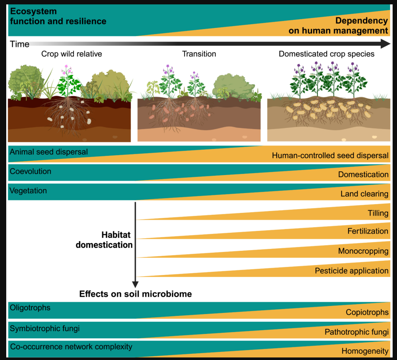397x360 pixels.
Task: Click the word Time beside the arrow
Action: pyautogui.click(x=19, y=44)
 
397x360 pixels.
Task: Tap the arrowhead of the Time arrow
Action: pyautogui.click(x=385, y=43)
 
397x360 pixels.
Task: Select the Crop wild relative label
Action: pyautogui.click(x=72, y=54)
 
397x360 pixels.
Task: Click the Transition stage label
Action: pyautogui.click(x=199, y=54)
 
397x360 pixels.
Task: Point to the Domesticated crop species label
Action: pyautogui.click(x=326, y=54)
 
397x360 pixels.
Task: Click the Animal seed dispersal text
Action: pyautogui.click(x=49, y=152)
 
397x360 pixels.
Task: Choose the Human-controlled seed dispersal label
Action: pyautogui.click(x=330, y=155)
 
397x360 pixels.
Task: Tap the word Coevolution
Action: pyautogui.click(x=31, y=171)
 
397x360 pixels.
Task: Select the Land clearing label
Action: pyautogui.click(x=364, y=194)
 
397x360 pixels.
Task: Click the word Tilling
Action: pyautogui.click(x=378, y=213)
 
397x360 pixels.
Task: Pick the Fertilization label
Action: pyautogui.click(x=368, y=231)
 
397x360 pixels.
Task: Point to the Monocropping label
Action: pyautogui.click(x=363, y=251)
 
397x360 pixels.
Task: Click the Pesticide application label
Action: pyautogui.click(x=352, y=271)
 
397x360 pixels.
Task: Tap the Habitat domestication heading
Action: pyautogui.click(x=104, y=240)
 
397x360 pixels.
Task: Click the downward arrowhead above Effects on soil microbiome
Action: pyautogui.click(x=135, y=284)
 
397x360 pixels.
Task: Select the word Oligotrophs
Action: pyautogui.click(x=30, y=307)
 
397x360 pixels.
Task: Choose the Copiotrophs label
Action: pyautogui.click(x=367, y=312)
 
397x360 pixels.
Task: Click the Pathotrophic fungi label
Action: pyautogui.click(x=357, y=332)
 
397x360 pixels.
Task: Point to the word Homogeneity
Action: pyautogui.click(x=365, y=351)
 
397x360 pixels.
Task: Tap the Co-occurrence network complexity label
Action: pyautogui.click(x=71, y=346)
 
